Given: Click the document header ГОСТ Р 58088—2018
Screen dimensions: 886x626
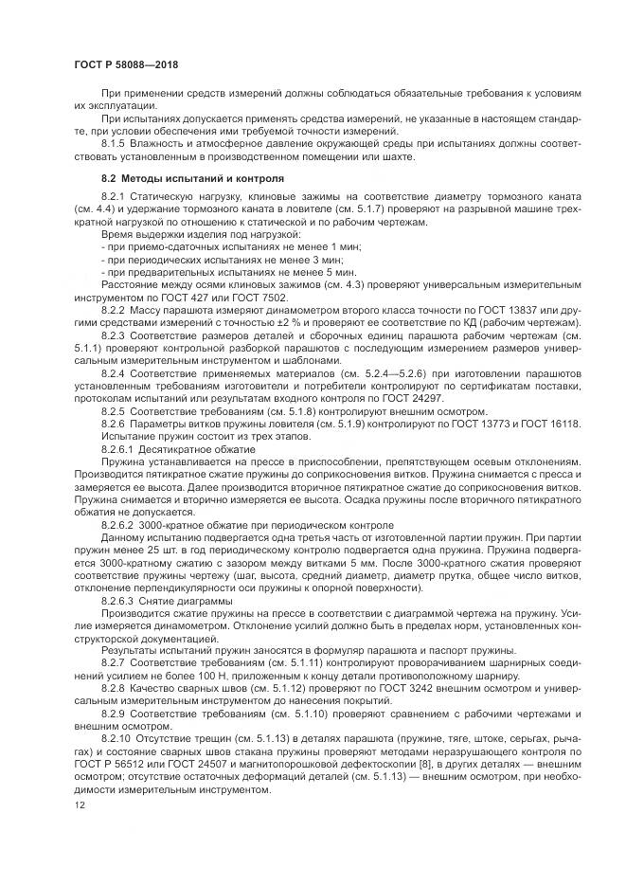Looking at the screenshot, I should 126,63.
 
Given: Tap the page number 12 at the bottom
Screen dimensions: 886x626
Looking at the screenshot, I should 79,805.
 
